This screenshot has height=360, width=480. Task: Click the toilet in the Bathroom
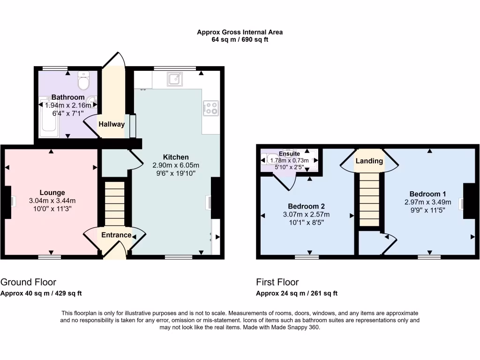(x=84, y=81)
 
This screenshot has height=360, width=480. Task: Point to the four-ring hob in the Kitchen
(x=210, y=108)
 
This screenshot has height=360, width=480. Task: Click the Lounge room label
(x=52, y=193)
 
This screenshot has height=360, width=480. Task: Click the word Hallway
(x=112, y=124)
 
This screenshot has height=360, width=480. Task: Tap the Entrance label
(x=116, y=235)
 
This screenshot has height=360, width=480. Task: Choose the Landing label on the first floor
(x=369, y=161)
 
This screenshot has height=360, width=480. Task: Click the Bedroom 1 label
(x=427, y=194)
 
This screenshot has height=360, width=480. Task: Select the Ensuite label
(x=289, y=153)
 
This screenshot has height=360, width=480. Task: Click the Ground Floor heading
(x=28, y=282)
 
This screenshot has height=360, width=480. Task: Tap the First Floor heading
(x=277, y=282)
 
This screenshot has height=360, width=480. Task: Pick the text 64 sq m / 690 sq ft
(x=240, y=40)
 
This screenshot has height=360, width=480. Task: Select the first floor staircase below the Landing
(x=369, y=199)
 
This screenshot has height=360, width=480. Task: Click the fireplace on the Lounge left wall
(x=10, y=201)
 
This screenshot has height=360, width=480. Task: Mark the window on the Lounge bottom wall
(x=50, y=256)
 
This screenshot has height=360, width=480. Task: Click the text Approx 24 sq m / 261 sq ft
(x=296, y=293)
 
